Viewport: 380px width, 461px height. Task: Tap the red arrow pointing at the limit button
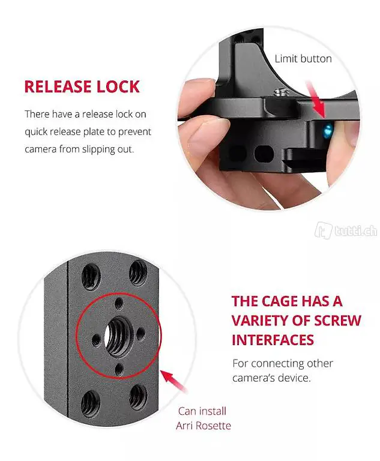click(x=316, y=100)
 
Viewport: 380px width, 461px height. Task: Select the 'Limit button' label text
click(x=303, y=59)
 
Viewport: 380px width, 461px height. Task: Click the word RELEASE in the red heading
click(x=58, y=86)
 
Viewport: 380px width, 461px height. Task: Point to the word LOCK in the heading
click(x=118, y=86)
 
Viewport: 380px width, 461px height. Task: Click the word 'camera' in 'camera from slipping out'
click(x=41, y=149)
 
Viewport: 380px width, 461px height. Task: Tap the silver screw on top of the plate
click(x=281, y=92)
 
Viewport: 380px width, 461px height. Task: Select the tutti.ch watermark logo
click(x=346, y=230)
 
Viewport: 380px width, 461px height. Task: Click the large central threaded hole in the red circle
click(x=117, y=336)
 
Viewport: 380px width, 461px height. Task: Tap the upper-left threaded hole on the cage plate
click(x=90, y=276)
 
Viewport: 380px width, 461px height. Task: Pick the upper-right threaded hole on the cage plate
click(x=138, y=273)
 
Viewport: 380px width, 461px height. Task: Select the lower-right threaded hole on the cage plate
click(x=138, y=397)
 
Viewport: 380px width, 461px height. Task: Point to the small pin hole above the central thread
click(x=119, y=303)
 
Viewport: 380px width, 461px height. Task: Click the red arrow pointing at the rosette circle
click(x=174, y=380)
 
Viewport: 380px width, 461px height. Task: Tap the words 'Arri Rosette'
click(x=204, y=426)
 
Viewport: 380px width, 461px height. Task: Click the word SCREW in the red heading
click(x=337, y=321)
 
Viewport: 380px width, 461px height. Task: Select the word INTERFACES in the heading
click(x=273, y=340)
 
